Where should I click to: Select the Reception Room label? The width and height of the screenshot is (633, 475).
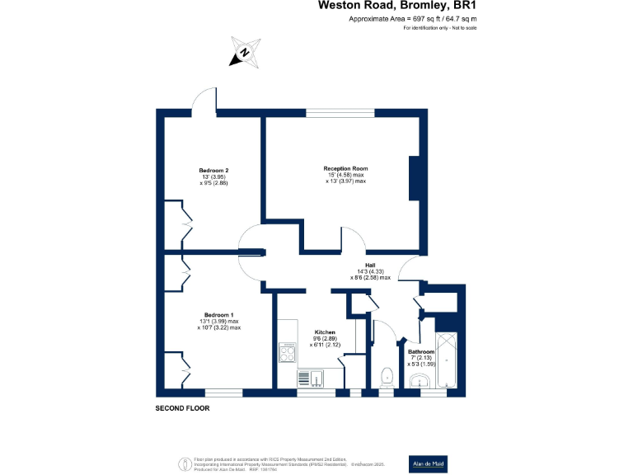click(344, 168)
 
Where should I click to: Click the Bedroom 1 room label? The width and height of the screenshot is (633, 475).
click(219, 314)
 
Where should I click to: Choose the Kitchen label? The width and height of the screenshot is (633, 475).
click(325, 333)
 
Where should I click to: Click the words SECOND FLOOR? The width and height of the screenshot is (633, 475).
click(182, 408)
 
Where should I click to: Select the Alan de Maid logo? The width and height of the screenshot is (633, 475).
click(429, 463)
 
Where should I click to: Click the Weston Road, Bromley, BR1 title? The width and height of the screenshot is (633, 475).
click(398, 7)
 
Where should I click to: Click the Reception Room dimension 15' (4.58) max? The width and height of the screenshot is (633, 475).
click(344, 175)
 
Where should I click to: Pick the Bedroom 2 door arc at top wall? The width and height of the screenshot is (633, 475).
click(204, 101)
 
